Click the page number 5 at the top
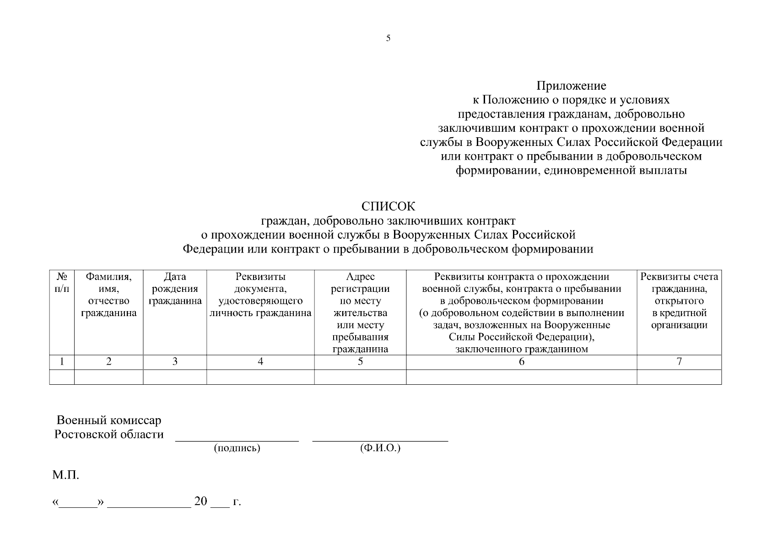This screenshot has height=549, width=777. (x=388, y=38)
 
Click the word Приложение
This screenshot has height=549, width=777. (x=571, y=86)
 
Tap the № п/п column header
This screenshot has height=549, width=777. (x=62, y=283)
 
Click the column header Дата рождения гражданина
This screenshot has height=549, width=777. (x=175, y=289)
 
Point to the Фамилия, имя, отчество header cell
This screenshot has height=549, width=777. (x=108, y=295)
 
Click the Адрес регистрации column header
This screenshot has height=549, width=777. (x=360, y=312)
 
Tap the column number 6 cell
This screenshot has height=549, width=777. (x=521, y=362)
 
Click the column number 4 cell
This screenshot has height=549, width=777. (x=260, y=362)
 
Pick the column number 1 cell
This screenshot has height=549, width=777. (x=62, y=362)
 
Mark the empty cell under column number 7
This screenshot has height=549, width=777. (x=679, y=377)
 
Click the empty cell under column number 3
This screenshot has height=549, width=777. (x=175, y=377)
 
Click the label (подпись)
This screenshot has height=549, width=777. (x=237, y=448)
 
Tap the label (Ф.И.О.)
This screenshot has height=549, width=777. (x=380, y=448)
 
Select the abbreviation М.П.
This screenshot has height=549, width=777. (x=65, y=475)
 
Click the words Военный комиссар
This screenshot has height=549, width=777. (x=109, y=420)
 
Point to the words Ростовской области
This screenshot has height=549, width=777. (x=109, y=434)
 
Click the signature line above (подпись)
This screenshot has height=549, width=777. (x=237, y=441)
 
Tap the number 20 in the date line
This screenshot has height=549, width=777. (x=201, y=501)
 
